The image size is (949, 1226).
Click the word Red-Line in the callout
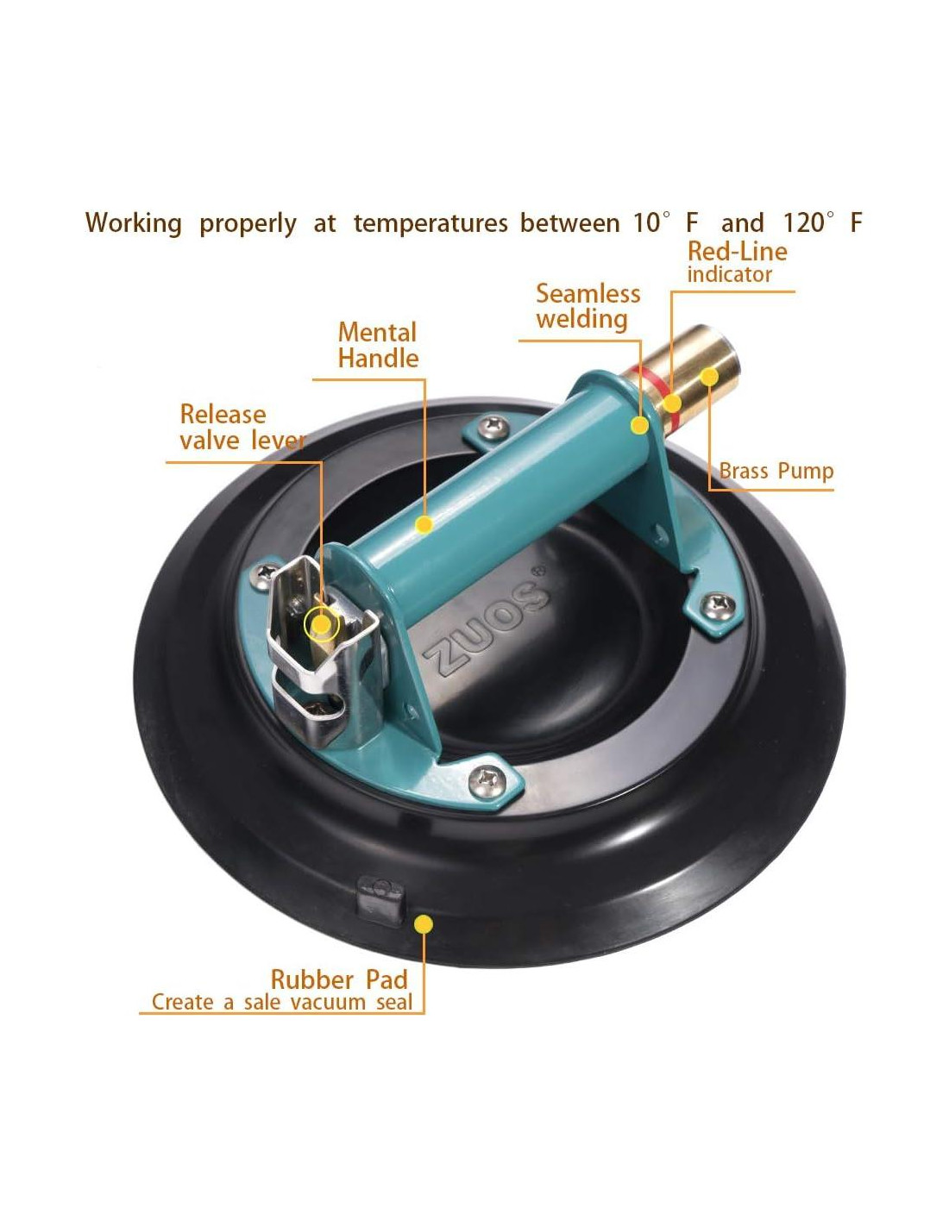point(738,251)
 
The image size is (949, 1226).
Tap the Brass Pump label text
point(776,471)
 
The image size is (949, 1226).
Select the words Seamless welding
point(588,306)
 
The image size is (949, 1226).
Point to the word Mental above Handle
point(377,332)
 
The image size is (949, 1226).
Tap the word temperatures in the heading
point(431,223)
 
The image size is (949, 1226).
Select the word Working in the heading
point(133,223)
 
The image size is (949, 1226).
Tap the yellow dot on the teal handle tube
point(424,525)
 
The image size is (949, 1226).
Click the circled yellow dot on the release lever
point(321,624)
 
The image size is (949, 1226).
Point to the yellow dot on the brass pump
point(709,376)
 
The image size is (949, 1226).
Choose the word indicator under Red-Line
point(729,274)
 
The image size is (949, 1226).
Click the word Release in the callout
point(223,415)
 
